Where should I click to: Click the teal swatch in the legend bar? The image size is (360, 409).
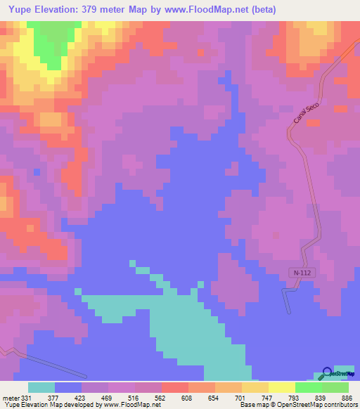(41, 387)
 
